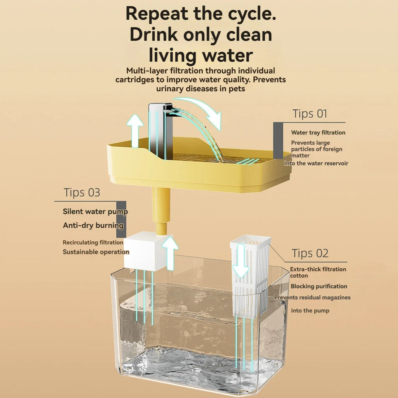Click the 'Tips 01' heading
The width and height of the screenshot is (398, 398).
click(310, 114)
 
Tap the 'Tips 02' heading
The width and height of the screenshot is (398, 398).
click(310, 253)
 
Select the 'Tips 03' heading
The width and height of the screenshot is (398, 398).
click(82, 193)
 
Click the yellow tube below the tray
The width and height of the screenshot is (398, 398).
click(161, 210)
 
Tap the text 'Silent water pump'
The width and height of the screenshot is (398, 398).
click(95, 212)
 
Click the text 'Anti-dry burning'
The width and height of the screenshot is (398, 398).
click(93, 225)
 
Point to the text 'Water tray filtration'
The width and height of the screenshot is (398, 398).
click(318, 133)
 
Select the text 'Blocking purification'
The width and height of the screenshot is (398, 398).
click(319, 286)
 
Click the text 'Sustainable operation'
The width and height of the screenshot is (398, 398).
click(96, 252)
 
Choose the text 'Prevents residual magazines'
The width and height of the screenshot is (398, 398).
click(312, 297)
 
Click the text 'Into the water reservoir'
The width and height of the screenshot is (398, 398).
click(316, 163)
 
